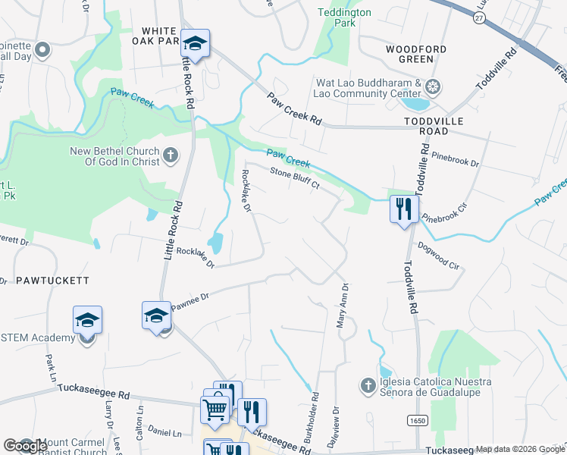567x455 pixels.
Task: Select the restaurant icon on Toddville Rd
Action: pos(403,208)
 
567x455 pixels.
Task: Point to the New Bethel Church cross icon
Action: pos(171,156)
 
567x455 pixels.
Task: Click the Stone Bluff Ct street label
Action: pos(295,180)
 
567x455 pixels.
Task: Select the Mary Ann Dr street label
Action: pos(342,306)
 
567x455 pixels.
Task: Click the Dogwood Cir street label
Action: pos(438,256)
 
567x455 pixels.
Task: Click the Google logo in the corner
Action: pos(24,446)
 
